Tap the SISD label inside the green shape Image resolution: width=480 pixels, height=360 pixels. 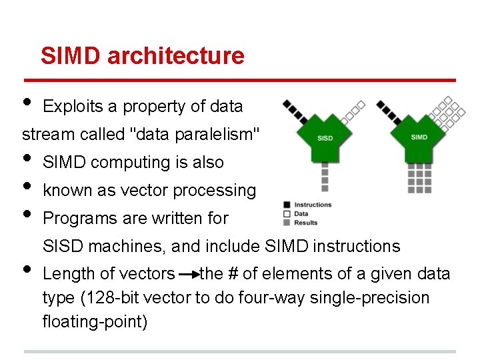pos(325,138)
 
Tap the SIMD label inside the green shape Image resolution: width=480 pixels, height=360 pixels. pos(419,137)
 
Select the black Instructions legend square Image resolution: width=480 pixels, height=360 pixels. pos(286,205)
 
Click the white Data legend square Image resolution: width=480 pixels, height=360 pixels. pos(286,213)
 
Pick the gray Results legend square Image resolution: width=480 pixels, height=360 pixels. pos(286,222)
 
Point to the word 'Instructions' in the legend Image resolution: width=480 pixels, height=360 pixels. pos(312,205)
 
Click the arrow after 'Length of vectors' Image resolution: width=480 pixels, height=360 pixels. pos(187,274)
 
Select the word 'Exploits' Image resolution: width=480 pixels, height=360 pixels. pos(71,106)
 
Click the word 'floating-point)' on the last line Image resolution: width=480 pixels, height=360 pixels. pos(95,321)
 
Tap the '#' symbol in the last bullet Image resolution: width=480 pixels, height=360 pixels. pos(235,274)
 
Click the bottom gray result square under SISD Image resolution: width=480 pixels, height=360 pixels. pos(325,189)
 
